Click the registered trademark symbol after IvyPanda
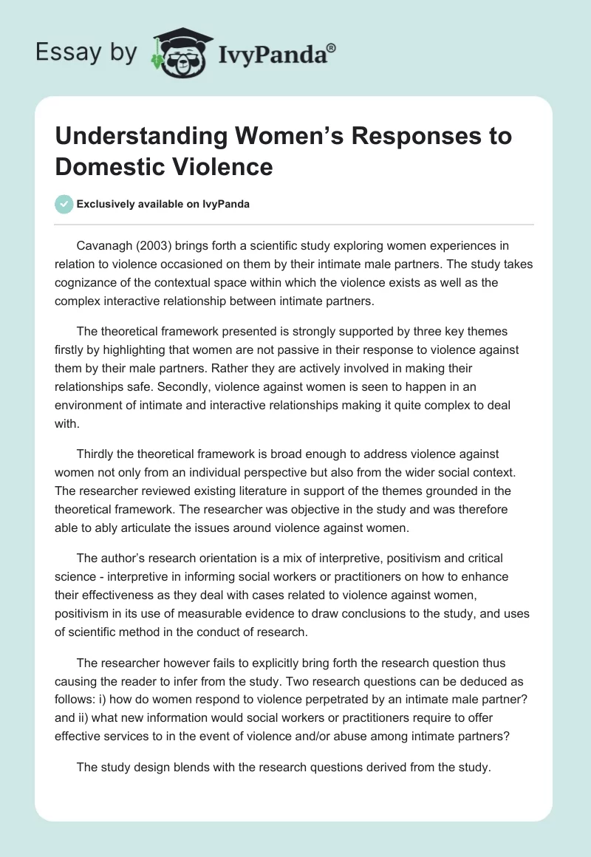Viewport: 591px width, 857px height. [332, 48]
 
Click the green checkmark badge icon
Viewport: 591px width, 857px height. [65, 204]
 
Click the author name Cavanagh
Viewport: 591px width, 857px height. [107, 245]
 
